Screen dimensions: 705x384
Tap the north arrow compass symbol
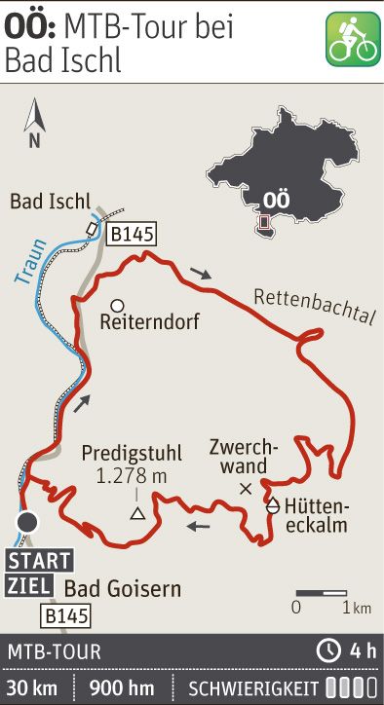point(35,121)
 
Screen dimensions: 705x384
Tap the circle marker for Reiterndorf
point(116,304)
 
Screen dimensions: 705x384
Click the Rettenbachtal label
point(314,303)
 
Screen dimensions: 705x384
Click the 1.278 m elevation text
point(132,476)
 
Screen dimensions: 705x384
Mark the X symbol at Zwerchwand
point(246,487)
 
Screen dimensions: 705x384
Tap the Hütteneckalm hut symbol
point(273,506)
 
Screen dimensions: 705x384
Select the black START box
point(40,561)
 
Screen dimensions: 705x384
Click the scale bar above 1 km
point(322,592)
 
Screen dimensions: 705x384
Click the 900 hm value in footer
point(121,686)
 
